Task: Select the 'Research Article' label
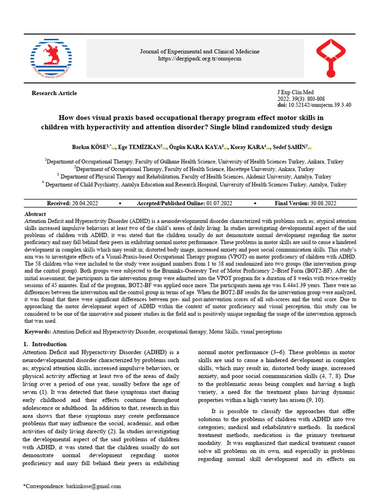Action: click(x=54, y=93)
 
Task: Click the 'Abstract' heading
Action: click(x=36, y=215)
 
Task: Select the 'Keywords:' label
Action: click(x=38, y=332)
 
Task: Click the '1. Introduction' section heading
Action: click(x=45, y=344)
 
